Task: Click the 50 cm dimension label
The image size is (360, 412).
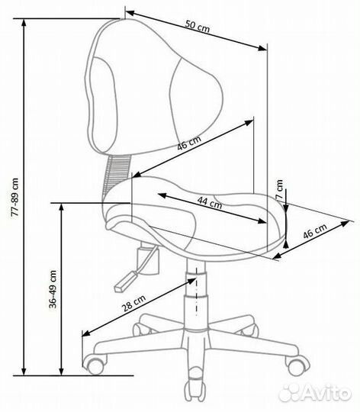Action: [x=198, y=26]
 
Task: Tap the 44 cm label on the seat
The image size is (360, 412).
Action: [x=210, y=202]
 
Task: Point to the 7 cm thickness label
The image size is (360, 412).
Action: [x=279, y=189]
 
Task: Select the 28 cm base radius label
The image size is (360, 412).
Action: [x=134, y=303]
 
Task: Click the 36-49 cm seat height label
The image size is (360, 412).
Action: [x=53, y=288]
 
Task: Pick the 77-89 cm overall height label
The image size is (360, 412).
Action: [x=15, y=197]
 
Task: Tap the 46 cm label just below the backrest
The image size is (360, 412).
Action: [x=189, y=143]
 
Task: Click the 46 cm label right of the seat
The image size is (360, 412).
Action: [x=315, y=230]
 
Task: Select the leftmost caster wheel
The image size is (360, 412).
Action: [x=95, y=365]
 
